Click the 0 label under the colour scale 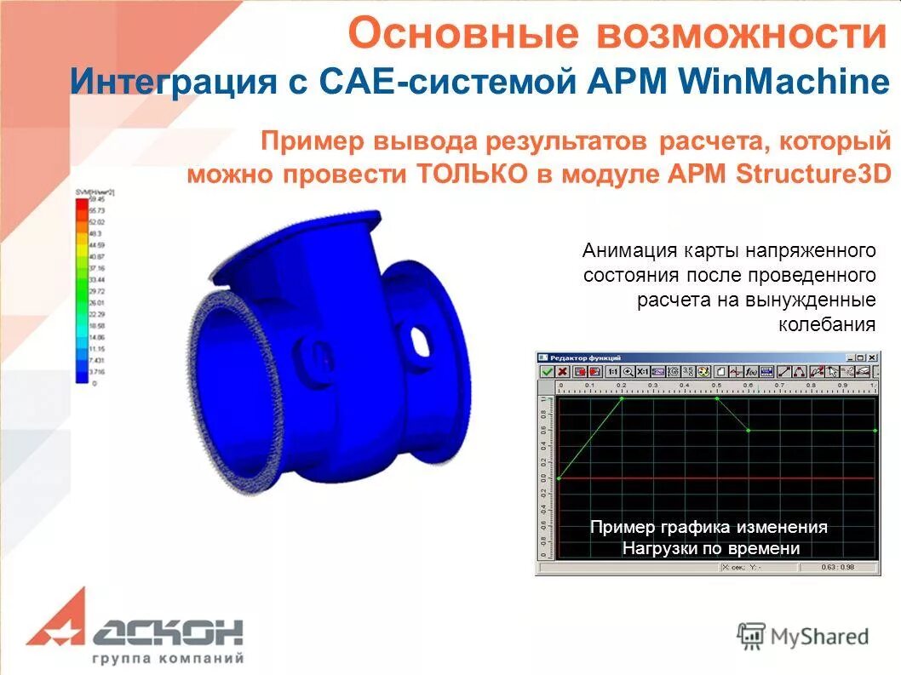pyautogui.click(x=94, y=384)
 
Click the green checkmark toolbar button pyautogui.click(x=547, y=372)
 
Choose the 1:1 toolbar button pyautogui.click(x=611, y=372)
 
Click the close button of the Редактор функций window pyautogui.click(x=871, y=358)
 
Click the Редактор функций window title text pyautogui.click(x=586, y=358)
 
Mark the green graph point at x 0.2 pyautogui.click(x=622, y=398)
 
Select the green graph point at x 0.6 pyautogui.click(x=749, y=431)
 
